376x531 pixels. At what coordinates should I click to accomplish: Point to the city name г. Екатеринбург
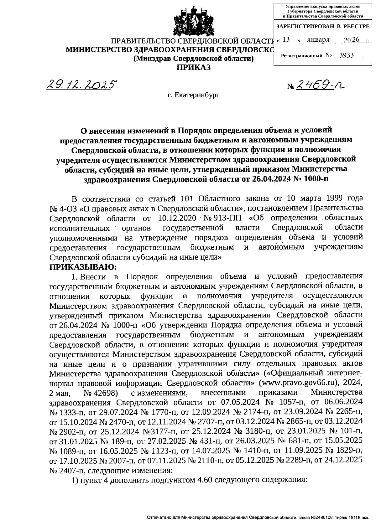(x=193, y=95)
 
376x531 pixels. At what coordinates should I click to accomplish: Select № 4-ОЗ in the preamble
(x=61, y=208)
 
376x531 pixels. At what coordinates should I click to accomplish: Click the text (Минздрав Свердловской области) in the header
(x=193, y=59)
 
